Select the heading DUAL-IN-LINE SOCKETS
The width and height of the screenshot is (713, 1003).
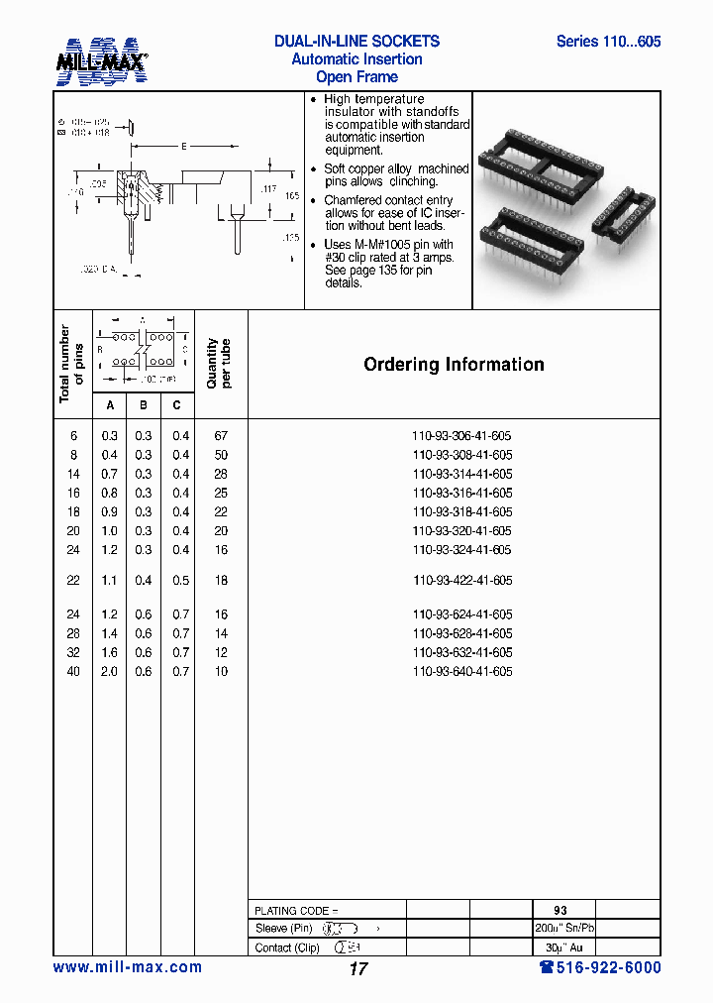pos(356,42)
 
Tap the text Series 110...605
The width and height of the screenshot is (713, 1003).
pos(608,42)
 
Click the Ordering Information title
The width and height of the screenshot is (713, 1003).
pos(454,365)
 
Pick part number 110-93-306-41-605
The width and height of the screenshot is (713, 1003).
pos(461,436)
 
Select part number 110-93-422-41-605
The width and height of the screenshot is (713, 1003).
pos(461,581)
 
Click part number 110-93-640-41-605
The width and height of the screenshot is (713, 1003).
pos(461,672)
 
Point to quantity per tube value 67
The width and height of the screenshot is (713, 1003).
pos(221,436)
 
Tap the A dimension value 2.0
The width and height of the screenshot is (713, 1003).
pos(109,672)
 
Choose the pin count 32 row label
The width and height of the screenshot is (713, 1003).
pos(72,653)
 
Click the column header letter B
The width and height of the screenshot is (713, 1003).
pos(144,404)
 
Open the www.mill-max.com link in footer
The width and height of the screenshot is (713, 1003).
pos(127,967)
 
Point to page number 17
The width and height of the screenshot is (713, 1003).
pos(357,969)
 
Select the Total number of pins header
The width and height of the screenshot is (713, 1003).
pos(71,364)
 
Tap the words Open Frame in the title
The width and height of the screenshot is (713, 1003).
pos(356,77)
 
